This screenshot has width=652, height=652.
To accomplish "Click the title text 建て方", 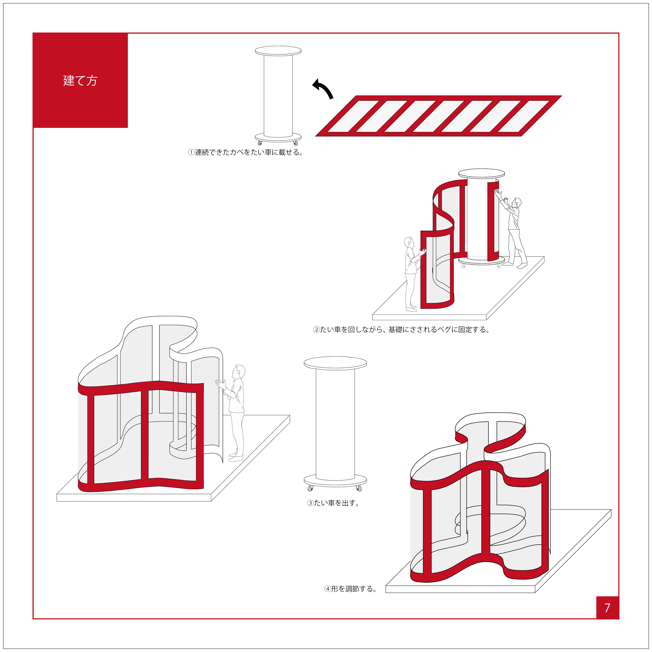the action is click(x=80, y=81).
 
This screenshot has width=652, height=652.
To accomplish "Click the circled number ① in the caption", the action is click(x=191, y=153).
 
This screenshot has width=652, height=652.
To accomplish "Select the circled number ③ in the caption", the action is click(x=310, y=503).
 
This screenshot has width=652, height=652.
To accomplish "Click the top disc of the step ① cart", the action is click(x=278, y=51).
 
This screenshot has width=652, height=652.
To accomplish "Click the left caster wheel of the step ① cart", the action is click(x=259, y=143).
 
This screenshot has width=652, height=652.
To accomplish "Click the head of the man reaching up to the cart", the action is click(x=516, y=203).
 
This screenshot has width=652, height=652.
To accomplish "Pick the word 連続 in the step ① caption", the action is click(x=202, y=153).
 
